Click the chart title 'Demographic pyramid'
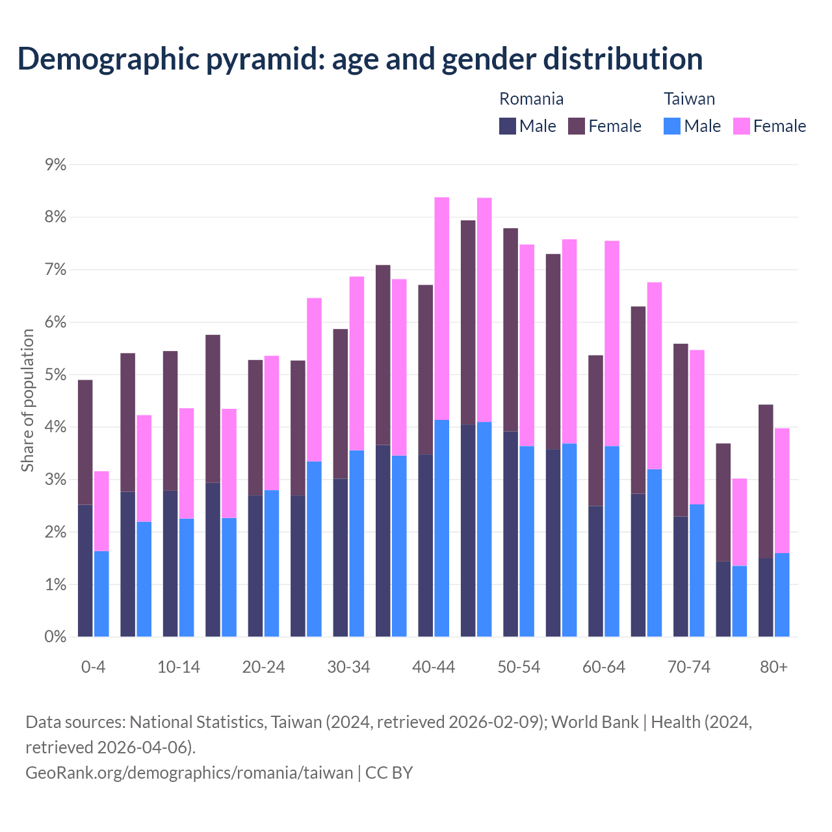pyautogui.click(x=359, y=58)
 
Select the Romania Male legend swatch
pyautogui.click(x=508, y=126)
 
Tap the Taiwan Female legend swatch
pyautogui.click(x=742, y=126)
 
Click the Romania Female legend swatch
pyautogui.click(x=577, y=126)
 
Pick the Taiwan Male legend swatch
pyautogui.click(x=672, y=126)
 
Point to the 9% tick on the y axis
pyautogui.click(x=56, y=165)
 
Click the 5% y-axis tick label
pyautogui.click(x=56, y=375)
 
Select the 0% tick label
pyautogui.click(x=56, y=637)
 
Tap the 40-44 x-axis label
pyautogui.click(x=434, y=668)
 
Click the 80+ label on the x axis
pyautogui.click(x=773, y=668)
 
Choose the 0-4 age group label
pyautogui.click(x=94, y=668)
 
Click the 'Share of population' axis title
pyautogui.click(x=28, y=400)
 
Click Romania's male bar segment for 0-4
pyautogui.click(x=85, y=571)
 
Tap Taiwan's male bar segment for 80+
pyautogui.click(x=782, y=595)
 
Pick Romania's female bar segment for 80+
pyautogui.click(x=766, y=482)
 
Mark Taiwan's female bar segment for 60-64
pyautogui.click(x=612, y=343)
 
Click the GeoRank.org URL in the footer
pyautogui.click(x=189, y=773)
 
